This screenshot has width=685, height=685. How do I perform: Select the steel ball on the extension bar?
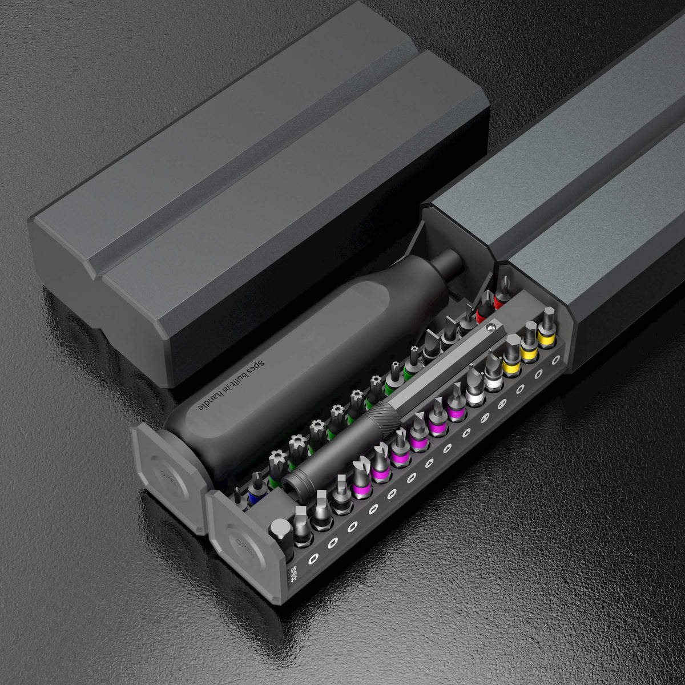click(491, 328)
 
